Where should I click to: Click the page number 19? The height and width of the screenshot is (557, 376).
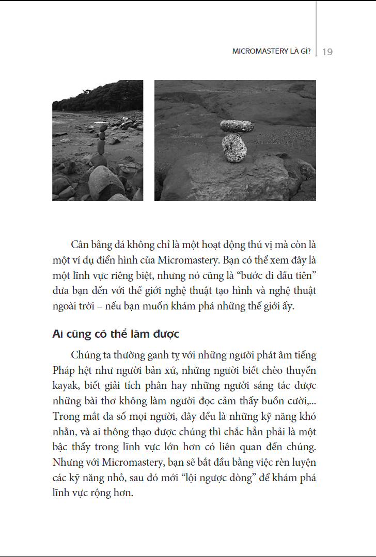[327, 52]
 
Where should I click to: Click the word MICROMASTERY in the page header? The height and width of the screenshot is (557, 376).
[257, 52]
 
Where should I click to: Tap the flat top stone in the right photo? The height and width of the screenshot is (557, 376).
[237, 126]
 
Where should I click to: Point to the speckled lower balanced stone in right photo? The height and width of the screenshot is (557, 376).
[234, 148]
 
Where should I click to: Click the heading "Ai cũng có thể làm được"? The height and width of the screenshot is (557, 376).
[116, 334]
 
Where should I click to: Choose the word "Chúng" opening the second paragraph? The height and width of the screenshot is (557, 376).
[85, 355]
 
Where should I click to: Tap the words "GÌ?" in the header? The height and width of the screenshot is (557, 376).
[305, 52]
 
